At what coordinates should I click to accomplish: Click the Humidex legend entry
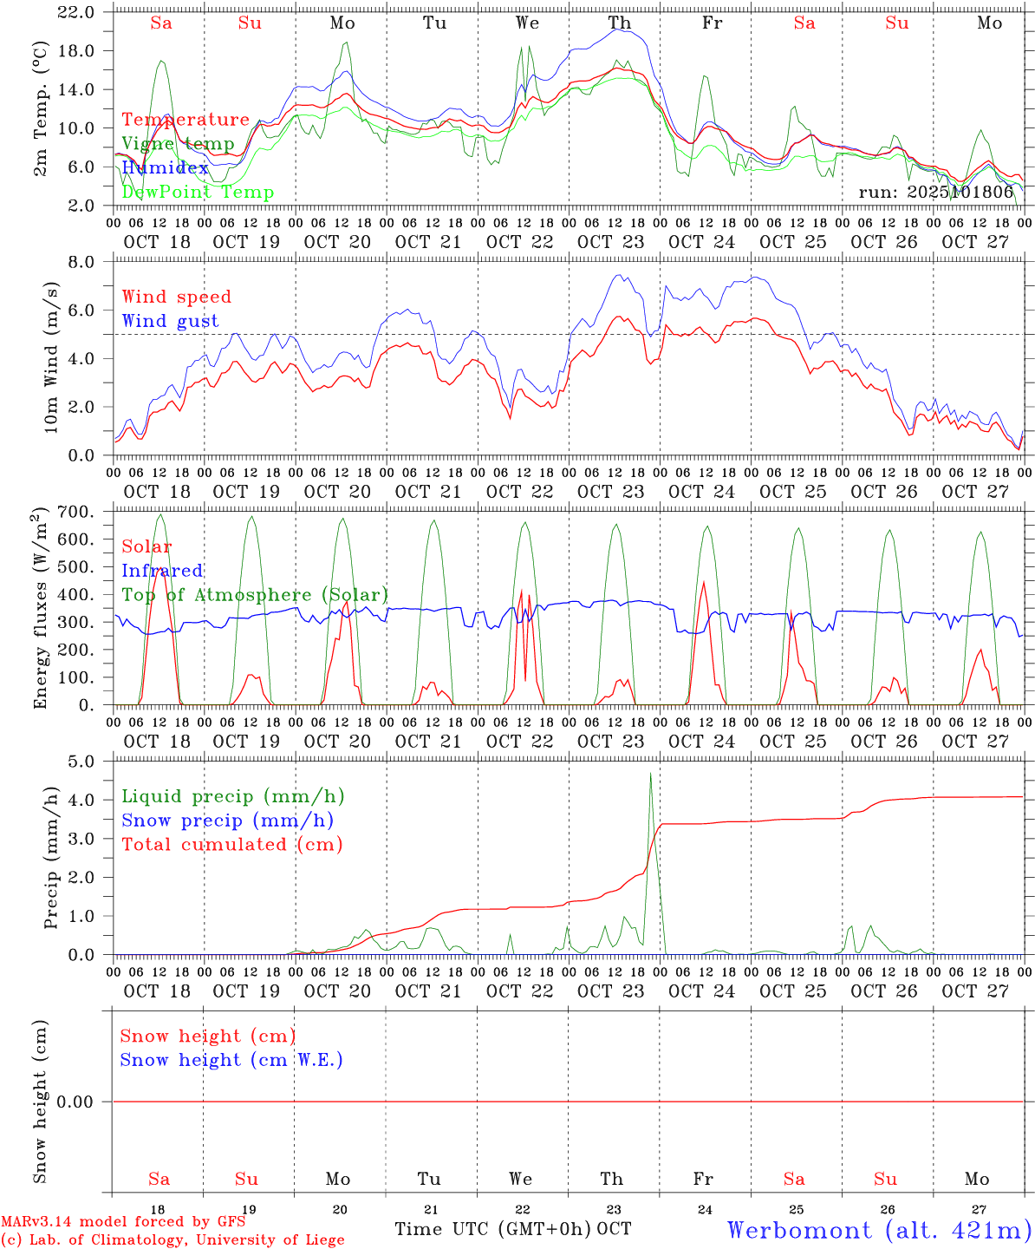[165, 168]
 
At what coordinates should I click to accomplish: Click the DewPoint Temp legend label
[198, 193]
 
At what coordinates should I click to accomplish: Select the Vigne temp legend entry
[178, 144]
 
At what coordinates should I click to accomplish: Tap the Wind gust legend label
[170, 321]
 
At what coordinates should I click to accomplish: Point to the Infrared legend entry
[162, 571]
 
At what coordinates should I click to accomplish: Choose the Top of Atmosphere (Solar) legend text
[255, 595]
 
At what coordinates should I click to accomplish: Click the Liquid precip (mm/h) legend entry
[233, 796]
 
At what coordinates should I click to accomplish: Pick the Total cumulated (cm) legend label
[232, 845]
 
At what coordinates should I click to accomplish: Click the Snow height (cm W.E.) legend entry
[231, 1060]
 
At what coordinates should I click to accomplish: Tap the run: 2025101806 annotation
[935, 193]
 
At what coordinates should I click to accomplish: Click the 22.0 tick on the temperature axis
[77, 12]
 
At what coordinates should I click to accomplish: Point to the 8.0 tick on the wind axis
[85, 262]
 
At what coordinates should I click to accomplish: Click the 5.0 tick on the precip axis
[85, 762]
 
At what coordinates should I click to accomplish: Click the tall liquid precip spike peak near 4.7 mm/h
[650, 773]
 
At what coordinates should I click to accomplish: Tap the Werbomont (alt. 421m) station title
[879, 1230]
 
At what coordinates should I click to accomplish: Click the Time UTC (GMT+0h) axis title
[493, 1229]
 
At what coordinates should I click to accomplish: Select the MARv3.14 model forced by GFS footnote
[123, 1222]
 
